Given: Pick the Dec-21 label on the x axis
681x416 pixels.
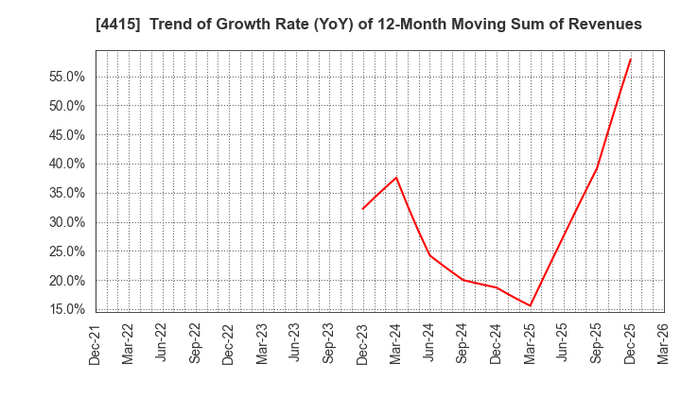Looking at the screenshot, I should point(96,343).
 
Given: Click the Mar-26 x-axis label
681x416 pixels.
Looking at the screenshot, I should point(664,343).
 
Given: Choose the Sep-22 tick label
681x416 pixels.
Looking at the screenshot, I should point(196,343).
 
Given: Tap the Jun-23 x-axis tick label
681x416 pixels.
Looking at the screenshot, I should point(296,343).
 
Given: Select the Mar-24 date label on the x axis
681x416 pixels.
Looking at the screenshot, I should point(396,343).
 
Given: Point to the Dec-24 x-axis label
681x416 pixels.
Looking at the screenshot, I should point(497,343).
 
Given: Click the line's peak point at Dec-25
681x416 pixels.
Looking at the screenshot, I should point(631,59).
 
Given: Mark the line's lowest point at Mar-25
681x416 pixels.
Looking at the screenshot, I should point(531,305).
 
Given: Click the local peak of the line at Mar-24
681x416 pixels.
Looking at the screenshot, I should point(396,178).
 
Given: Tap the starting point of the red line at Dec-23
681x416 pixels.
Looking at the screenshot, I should point(363,209).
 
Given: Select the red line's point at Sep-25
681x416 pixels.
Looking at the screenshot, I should point(597,168).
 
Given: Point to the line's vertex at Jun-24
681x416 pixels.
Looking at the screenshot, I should point(429,255).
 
